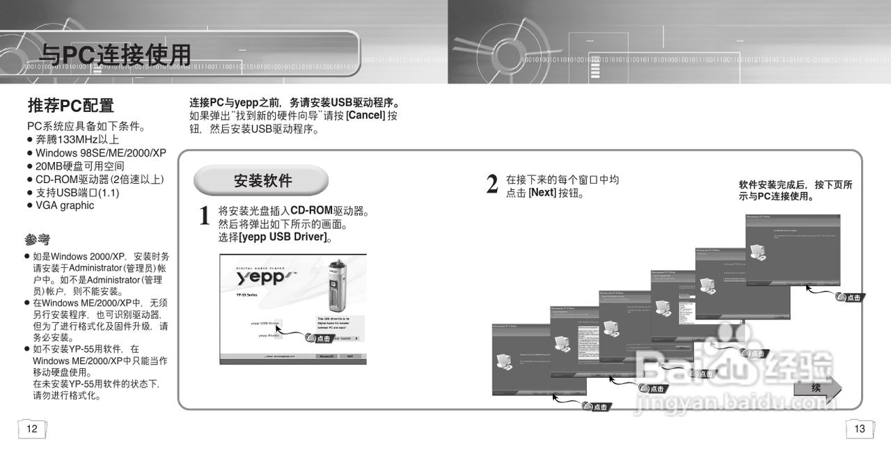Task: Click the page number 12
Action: (32, 429)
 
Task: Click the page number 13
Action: (860, 429)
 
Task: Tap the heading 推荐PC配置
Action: (70, 106)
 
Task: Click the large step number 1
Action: (205, 216)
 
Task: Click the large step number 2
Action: (492, 185)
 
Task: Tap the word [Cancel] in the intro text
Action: (365, 116)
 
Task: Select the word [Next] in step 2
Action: (542, 193)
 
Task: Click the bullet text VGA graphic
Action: (65, 206)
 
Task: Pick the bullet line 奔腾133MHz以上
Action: (77, 140)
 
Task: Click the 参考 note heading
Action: (38, 241)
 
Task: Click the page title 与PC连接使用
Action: (115, 54)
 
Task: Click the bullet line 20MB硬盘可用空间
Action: (80, 166)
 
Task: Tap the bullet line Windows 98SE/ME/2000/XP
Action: (101, 153)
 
